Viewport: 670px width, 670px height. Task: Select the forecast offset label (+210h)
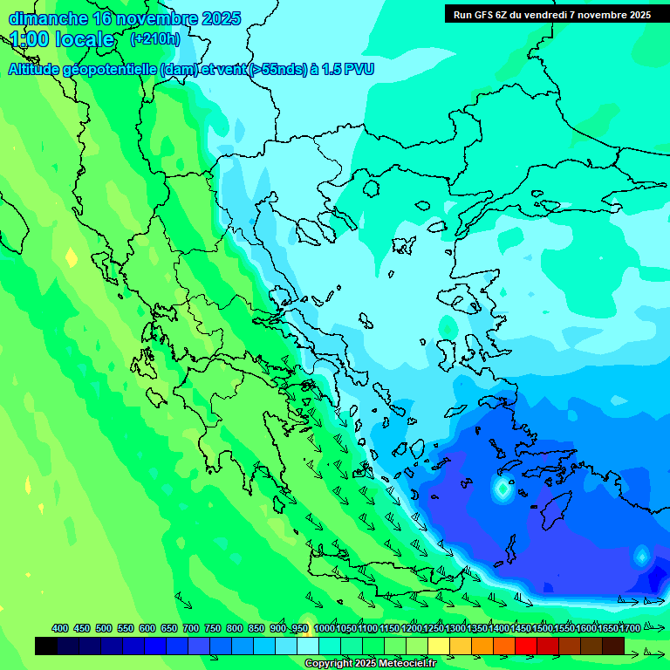click(x=154, y=38)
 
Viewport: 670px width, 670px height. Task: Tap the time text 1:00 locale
click(x=62, y=39)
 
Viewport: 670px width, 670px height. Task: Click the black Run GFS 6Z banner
click(x=551, y=14)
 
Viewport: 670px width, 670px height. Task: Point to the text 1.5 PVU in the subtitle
click(x=347, y=69)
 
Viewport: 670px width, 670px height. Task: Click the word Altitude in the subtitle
click(x=40, y=69)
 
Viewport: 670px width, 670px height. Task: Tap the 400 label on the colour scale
click(x=60, y=628)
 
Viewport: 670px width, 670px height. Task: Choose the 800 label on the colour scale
click(x=235, y=628)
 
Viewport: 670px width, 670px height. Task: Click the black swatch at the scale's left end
click(x=46, y=646)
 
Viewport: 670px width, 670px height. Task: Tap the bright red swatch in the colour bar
click(x=526, y=646)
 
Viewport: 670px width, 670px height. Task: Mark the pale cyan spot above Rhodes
click(x=502, y=489)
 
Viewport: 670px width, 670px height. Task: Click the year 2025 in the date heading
click(x=222, y=18)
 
